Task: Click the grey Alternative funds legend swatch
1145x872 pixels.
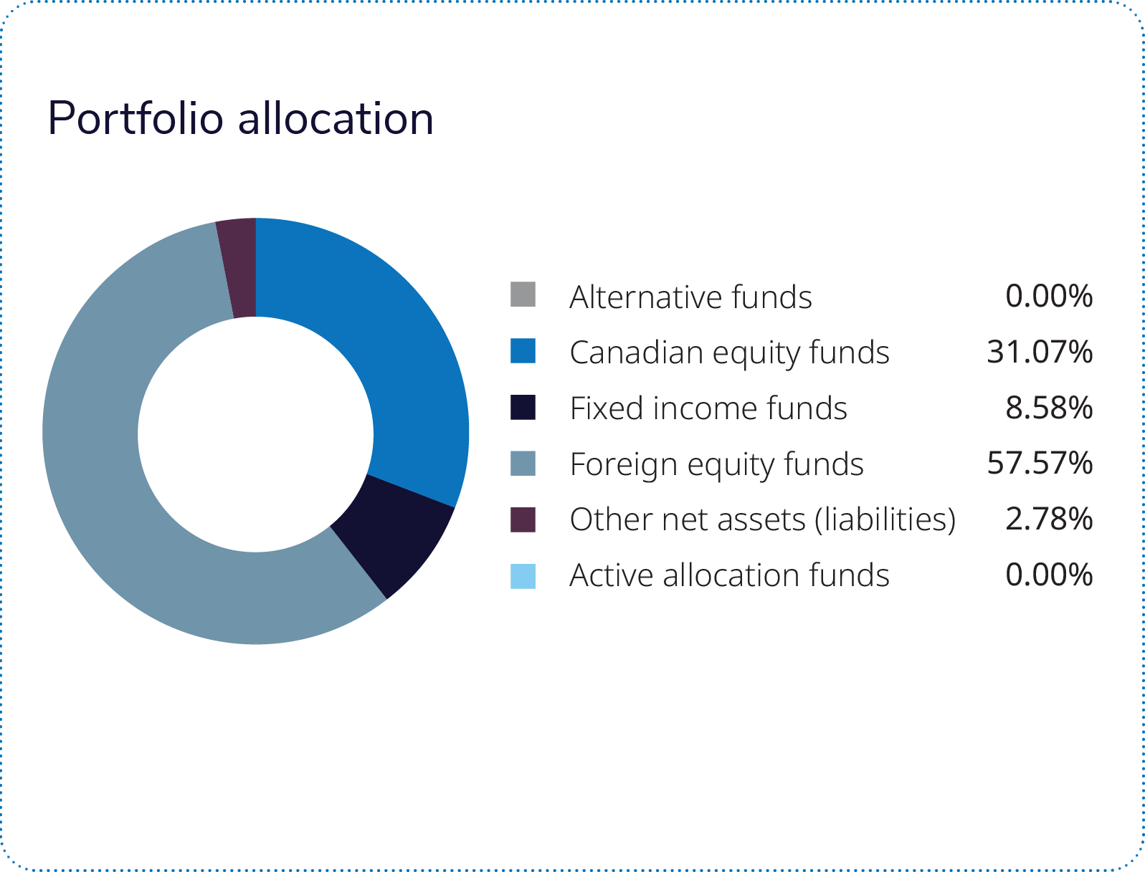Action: click(x=523, y=294)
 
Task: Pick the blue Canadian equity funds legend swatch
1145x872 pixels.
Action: click(x=523, y=350)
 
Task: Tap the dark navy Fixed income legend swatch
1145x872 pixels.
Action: click(x=523, y=406)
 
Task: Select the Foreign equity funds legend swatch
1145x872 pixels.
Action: click(x=523, y=463)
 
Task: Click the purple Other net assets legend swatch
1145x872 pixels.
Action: click(x=523, y=519)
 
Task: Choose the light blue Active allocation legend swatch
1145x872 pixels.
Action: click(x=523, y=575)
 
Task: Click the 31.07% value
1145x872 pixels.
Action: click(x=1040, y=352)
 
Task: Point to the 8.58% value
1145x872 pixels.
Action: click(x=1049, y=408)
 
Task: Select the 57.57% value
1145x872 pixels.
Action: click(x=1040, y=464)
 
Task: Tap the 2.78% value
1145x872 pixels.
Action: click(x=1049, y=519)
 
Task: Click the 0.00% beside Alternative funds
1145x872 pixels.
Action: click(x=1049, y=296)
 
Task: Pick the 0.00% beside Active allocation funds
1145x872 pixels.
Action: click(x=1049, y=575)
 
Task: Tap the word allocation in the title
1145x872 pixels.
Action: click(x=336, y=119)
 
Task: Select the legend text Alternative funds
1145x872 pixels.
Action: click(x=690, y=297)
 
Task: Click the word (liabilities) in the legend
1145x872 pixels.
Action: click(x=885, y=520)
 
